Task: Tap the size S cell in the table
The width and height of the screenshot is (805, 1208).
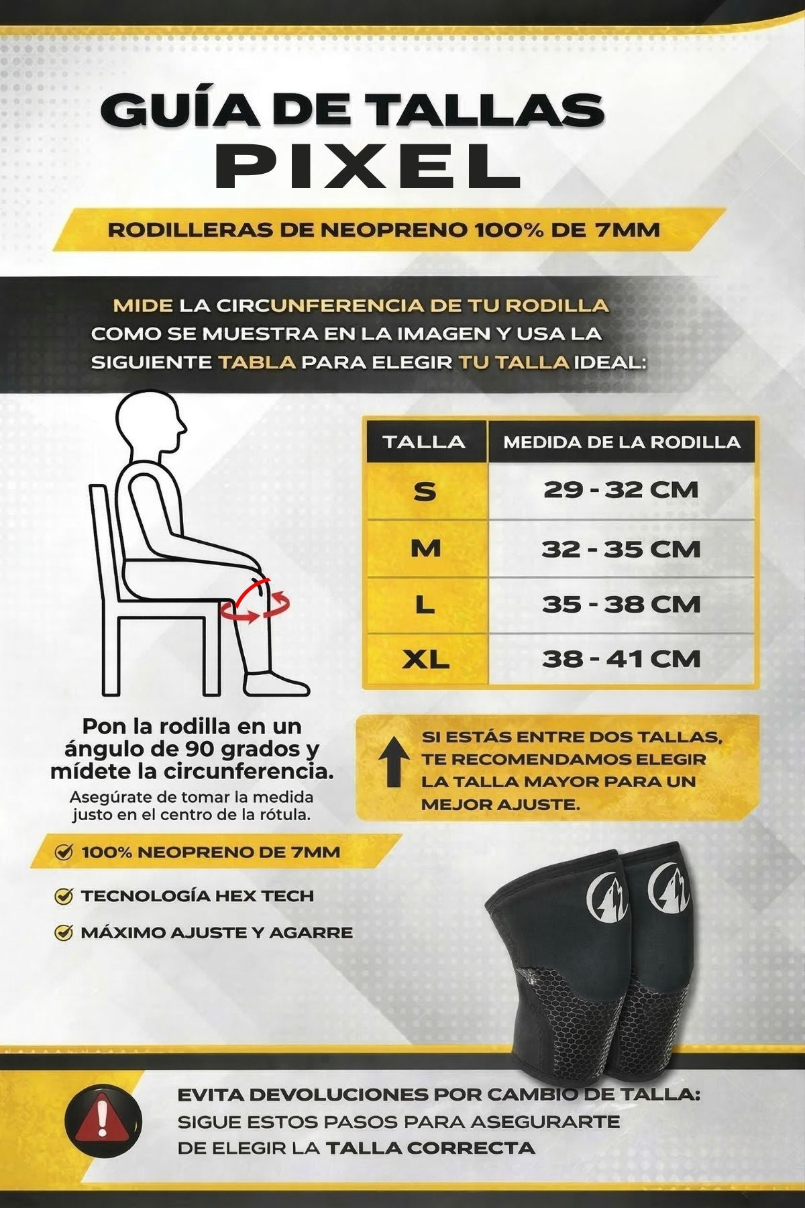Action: (x=425, y=491)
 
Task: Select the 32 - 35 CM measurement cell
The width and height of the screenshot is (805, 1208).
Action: (x=621, y=549)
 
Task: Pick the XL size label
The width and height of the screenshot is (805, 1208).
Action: (x=425, y=660)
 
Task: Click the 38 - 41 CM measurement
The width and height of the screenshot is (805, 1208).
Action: (x=621, y=659)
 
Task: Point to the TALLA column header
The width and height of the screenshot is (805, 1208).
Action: (x=424, y=442)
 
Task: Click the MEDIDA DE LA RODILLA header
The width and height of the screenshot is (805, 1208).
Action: (x=621, y=442)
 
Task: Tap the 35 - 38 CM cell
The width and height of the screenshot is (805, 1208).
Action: (x=621, y=604)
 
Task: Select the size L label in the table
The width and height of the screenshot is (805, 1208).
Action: (x=425, y=605)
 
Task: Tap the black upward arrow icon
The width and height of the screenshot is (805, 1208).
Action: (x=394, y=762)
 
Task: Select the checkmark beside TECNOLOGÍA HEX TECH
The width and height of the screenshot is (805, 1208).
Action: (x=64, y=896)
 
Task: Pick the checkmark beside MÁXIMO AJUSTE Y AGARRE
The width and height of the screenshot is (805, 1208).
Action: (x=64, y=932)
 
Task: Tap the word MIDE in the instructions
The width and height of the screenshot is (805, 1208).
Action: (x=142, y=306)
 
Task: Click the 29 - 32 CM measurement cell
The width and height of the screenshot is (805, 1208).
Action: (x=621, y=490)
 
